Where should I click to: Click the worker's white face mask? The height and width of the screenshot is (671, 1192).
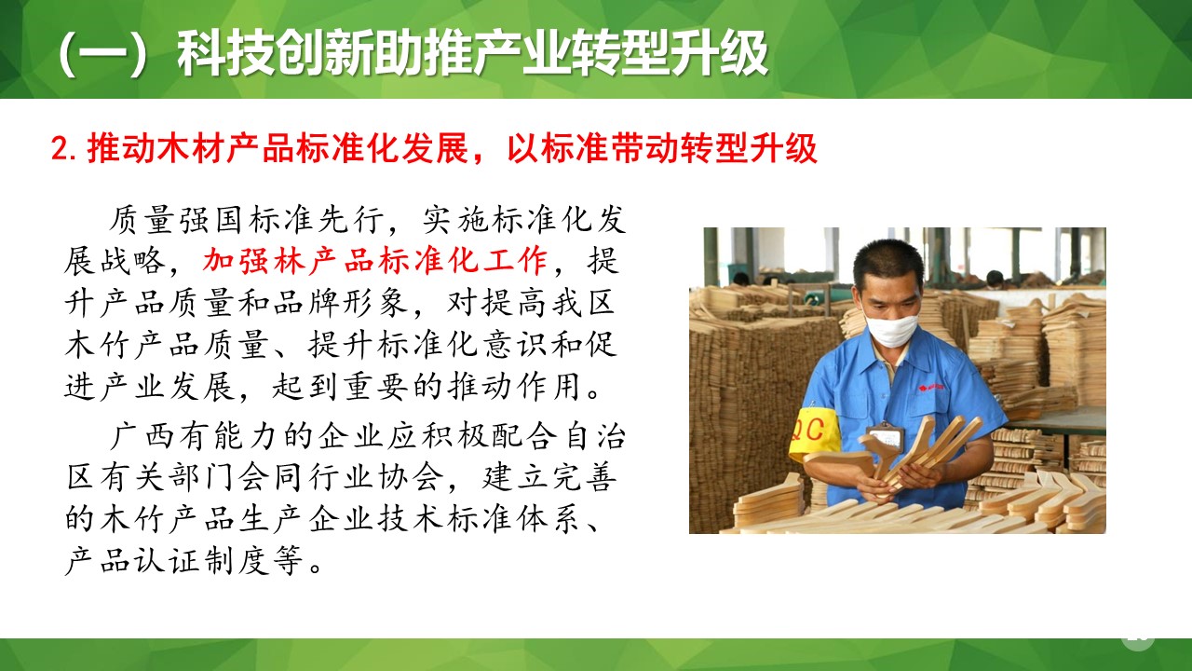(892, 330)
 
